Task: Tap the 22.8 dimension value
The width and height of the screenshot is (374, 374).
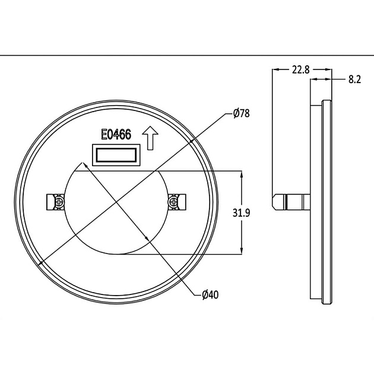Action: coord(300,70)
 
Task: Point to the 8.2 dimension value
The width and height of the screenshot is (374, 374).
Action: coord(355,79)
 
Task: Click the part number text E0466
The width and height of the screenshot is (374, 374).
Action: coord(116,135)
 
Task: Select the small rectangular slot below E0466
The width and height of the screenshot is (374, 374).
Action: coord(116,156)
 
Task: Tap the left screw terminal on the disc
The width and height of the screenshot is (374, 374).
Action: coord(56,202)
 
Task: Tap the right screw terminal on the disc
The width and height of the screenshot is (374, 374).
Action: coord(175,202)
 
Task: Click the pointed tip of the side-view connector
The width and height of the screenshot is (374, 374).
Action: coord(274,201)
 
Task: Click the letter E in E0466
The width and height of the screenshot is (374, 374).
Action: coord(103,135)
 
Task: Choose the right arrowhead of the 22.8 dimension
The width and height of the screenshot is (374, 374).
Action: coord(329,69)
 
